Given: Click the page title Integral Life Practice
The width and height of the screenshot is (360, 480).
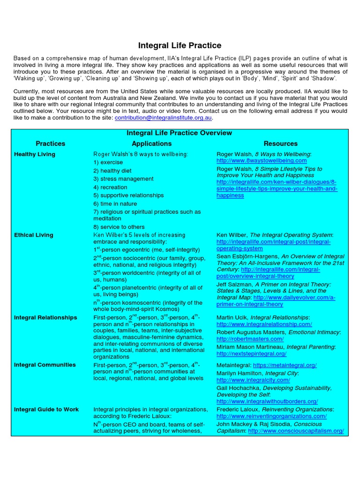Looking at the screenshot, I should pos(180,45).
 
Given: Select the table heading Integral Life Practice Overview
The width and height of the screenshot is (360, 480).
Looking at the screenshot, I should pos(180,133).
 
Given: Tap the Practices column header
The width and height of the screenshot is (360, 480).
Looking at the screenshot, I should pos(50,143).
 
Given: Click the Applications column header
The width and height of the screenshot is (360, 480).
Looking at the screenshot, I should pos(151,143).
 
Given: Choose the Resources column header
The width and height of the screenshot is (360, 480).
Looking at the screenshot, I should pos(280,143).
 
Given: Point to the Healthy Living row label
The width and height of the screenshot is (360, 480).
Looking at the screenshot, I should pos(35,154).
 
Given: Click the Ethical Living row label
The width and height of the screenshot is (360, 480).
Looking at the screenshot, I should pos(34,235).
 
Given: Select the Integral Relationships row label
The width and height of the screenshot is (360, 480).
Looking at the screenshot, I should pos(45,317).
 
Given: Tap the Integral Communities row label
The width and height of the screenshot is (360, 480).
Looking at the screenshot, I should pos(45,365).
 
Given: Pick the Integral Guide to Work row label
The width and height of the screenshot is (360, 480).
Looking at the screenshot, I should pos(46,409).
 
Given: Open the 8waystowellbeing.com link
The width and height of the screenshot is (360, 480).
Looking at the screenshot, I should pos(262,161).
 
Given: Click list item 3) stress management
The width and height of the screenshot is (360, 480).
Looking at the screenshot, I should pos(123,179).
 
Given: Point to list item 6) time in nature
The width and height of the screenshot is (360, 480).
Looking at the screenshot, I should pos(115,204).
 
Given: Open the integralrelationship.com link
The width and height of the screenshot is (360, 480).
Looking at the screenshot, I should pos(264,324).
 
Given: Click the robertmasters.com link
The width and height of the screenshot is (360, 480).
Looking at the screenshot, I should pos(250,339).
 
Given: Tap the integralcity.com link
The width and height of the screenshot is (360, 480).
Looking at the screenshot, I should pos(253,380).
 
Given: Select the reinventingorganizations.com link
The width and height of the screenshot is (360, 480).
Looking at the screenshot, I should pos(271,416).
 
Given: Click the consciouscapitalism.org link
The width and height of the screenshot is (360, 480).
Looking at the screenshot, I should pos(296,431).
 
